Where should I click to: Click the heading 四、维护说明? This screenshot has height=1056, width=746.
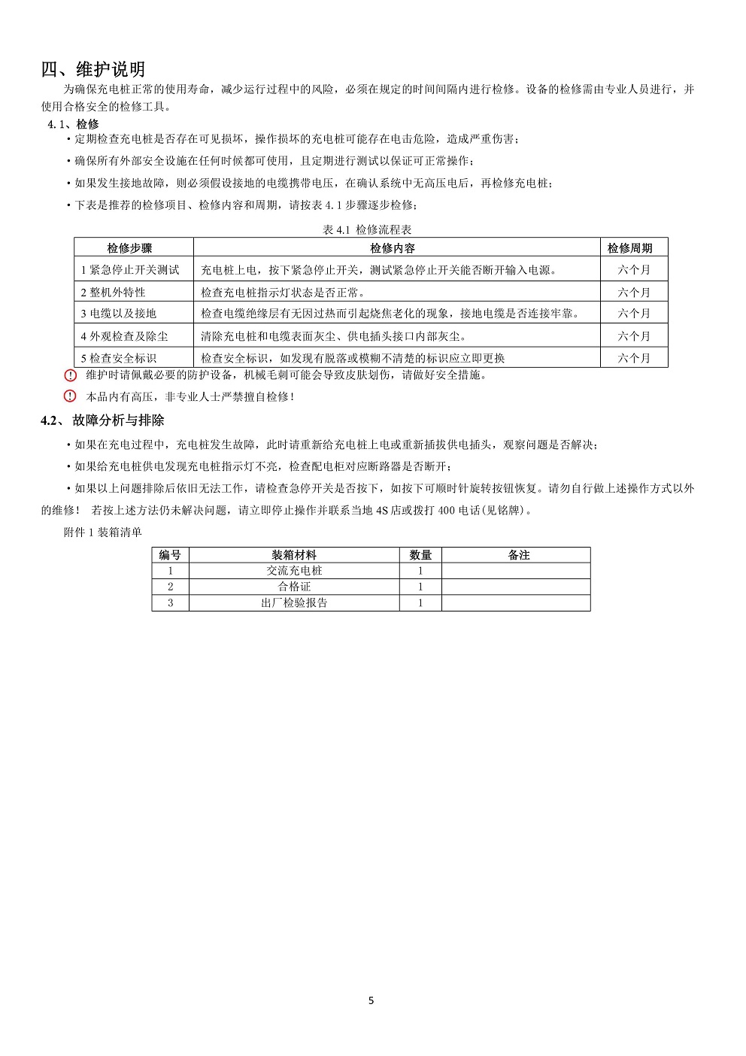[x=93, y=70]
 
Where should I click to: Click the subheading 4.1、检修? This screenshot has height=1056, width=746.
[x=73, y=124]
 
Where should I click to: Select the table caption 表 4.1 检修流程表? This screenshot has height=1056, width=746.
[x=367, y=229]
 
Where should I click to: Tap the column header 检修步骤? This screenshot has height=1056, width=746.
[x=129, y=248]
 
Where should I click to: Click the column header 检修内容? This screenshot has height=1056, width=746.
[x=393, y=248]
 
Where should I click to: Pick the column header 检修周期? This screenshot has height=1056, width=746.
[x=630, y=248]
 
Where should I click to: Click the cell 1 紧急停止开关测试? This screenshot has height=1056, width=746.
[x=130, y=270]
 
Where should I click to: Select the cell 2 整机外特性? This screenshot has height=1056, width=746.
[x=114, y=293]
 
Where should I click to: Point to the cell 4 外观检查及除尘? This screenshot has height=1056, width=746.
[x=125, y=336]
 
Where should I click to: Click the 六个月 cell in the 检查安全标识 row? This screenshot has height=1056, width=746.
[x=634, y=358]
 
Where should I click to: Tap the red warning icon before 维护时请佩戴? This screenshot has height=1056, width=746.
[x=71, y=375]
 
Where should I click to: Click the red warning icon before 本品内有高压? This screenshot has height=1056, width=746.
[x=71, y=396]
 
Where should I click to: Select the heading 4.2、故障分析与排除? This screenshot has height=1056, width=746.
[x=102, y=420]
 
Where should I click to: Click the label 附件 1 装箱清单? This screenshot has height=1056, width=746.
[x=103, y=533]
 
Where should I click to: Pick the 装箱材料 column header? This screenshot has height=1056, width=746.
[x=294, y=555]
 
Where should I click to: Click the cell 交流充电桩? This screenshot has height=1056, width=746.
[x=294, y=571]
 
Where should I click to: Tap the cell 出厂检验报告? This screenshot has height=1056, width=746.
[x=294, y=602]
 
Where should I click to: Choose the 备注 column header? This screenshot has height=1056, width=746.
[x=519, y=555]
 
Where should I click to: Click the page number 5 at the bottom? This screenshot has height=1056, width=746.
[x=371, y=1000]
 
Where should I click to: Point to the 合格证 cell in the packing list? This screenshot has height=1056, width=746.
[x=294, y=587]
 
